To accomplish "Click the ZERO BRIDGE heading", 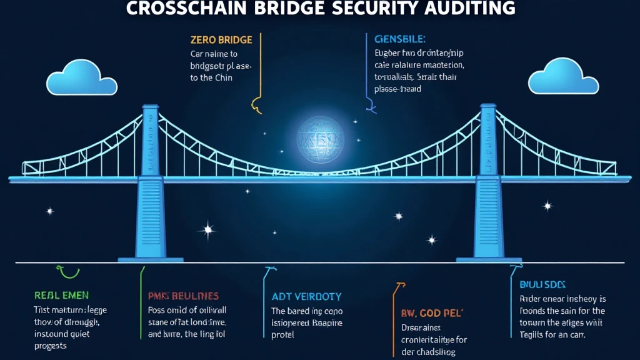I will (x=221, y=40).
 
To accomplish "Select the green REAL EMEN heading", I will (x=61, y=295).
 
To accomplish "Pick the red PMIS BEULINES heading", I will (x=184, y=295).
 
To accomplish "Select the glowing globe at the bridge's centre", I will (x=321, y=139).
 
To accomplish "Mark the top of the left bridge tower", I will (x=150, y=109).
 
